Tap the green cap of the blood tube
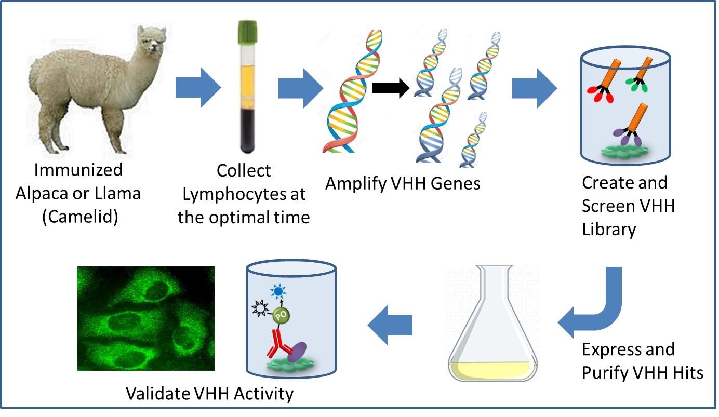tap(244, 30)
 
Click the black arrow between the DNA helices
tap(391, 89)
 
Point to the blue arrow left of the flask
tap(390, 326)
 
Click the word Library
tap(609, 229)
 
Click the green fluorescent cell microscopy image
tap(145, 318)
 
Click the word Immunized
tap(78, 169)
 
